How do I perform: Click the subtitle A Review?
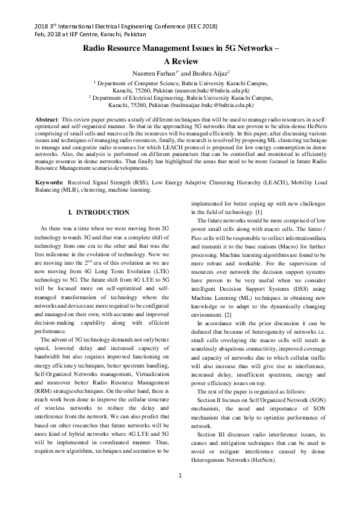(x=180, y=62)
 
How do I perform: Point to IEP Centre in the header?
(x=84, y=35)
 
